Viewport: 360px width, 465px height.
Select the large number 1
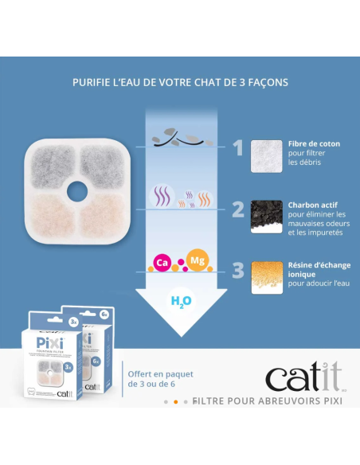[x=237, y=147]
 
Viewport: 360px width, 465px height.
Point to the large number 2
[x=237, y=209]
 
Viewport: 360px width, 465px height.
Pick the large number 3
[x=237, y=272]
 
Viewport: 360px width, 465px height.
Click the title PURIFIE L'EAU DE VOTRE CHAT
[x=180, y=82]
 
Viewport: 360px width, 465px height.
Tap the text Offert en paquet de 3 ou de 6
[x=159, y=379]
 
